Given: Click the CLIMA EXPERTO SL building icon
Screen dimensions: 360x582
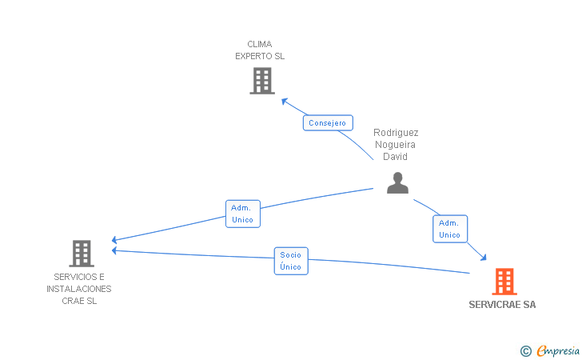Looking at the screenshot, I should coord(261,81).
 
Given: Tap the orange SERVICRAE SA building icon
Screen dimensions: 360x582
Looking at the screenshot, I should coord(504,282).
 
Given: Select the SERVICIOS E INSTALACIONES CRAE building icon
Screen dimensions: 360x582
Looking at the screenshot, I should coord(82,254).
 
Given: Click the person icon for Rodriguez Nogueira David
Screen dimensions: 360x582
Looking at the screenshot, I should coord(397,183).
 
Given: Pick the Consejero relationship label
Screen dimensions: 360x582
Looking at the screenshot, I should coord(328,123).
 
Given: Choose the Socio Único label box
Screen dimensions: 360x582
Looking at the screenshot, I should coord(291,261).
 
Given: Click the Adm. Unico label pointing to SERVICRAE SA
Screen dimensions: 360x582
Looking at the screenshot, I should coord(449,229).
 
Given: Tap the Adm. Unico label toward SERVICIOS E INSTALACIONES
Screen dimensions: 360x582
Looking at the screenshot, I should coord(242,214).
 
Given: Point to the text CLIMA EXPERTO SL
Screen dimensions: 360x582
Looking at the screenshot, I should coord(260,50).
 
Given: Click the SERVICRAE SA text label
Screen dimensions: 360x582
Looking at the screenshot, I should coord(502,305).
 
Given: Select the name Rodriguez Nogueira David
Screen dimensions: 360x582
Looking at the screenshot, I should coord(396,145).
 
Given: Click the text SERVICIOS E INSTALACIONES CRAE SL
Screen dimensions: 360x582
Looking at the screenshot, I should coord(78,289).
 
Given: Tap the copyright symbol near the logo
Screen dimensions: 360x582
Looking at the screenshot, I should coord(525,350).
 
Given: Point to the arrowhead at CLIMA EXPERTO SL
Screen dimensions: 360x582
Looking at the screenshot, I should coord(283,100).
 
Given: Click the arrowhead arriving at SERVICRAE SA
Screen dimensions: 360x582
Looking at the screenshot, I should coord(484,257).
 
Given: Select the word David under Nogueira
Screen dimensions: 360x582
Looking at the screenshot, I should coord(396,157).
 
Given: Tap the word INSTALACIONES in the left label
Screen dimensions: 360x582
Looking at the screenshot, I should coord(78,289).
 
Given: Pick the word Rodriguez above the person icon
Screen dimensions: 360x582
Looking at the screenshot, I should coord(396,133).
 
